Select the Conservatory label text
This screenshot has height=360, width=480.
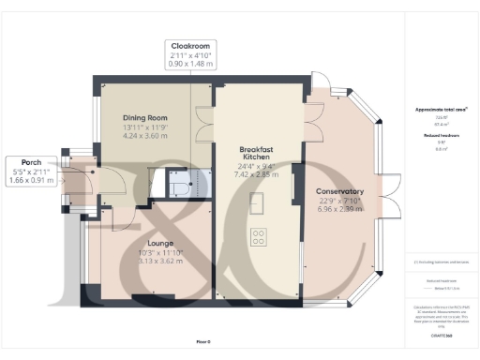340,193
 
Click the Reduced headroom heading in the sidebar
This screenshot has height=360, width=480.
433,135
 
